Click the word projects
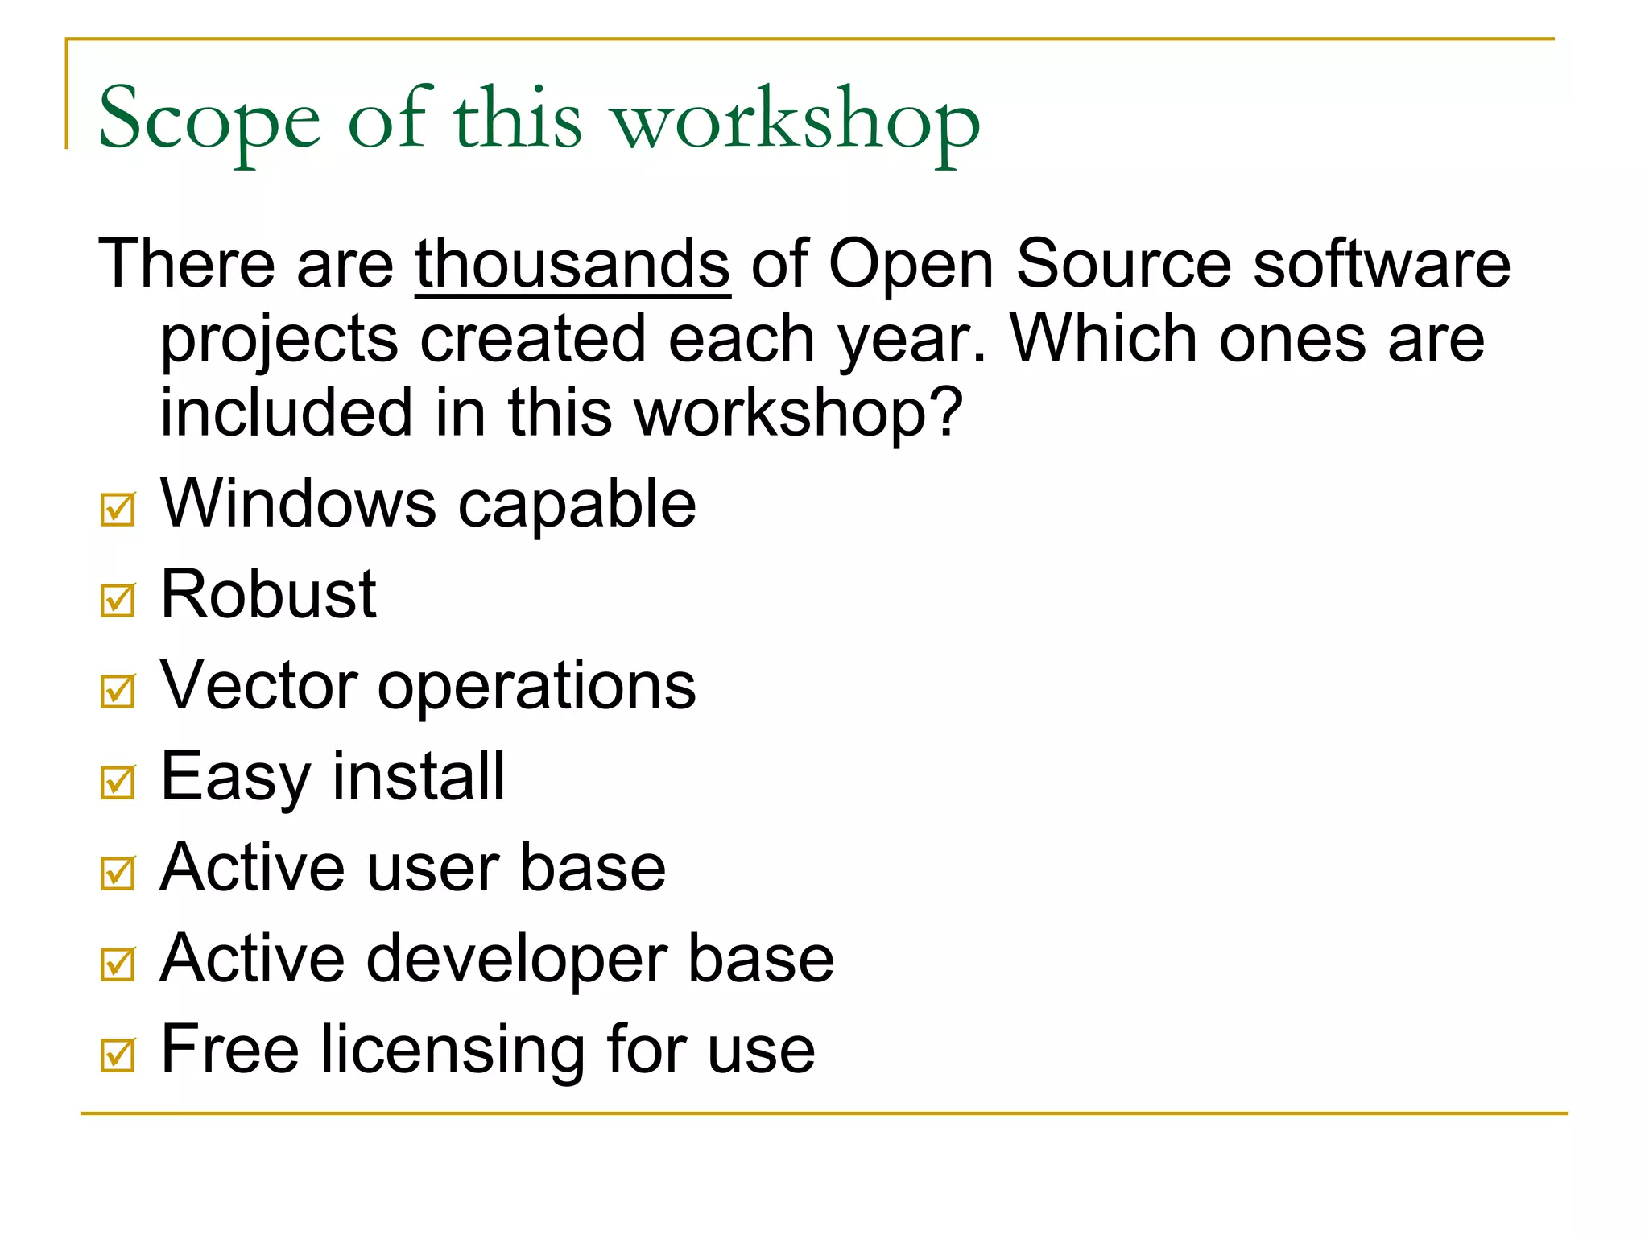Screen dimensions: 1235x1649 click(x=279, y=340)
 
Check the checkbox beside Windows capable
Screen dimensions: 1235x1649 click(x=118, y=509)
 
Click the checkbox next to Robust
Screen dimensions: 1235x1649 click(x=118, y=600)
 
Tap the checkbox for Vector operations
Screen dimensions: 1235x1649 click(x=118, y=691)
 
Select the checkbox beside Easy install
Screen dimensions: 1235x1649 click(x=118, y=782)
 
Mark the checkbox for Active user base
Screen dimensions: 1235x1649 click(x=118, y=873)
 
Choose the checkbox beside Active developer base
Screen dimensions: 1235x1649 click(x=118, y=964)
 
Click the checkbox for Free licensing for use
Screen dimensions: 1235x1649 click(x=118, y=1055)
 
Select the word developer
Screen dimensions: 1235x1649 click(x=517, y=960)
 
